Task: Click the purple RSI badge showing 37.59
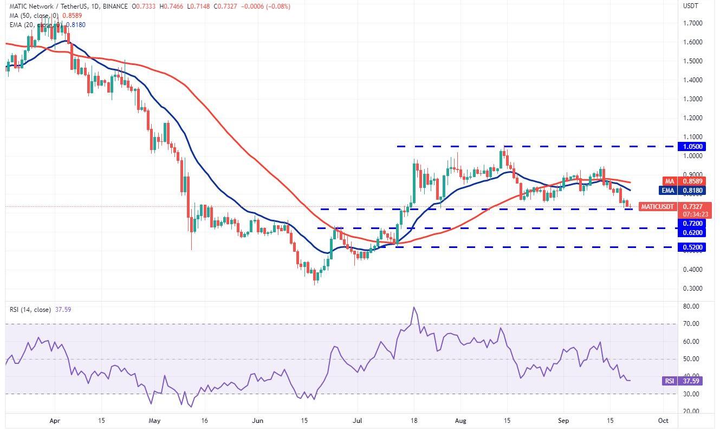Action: tap(671, 381)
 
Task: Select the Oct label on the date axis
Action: tap(663, 420)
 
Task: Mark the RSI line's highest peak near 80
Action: tap(414, 308)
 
